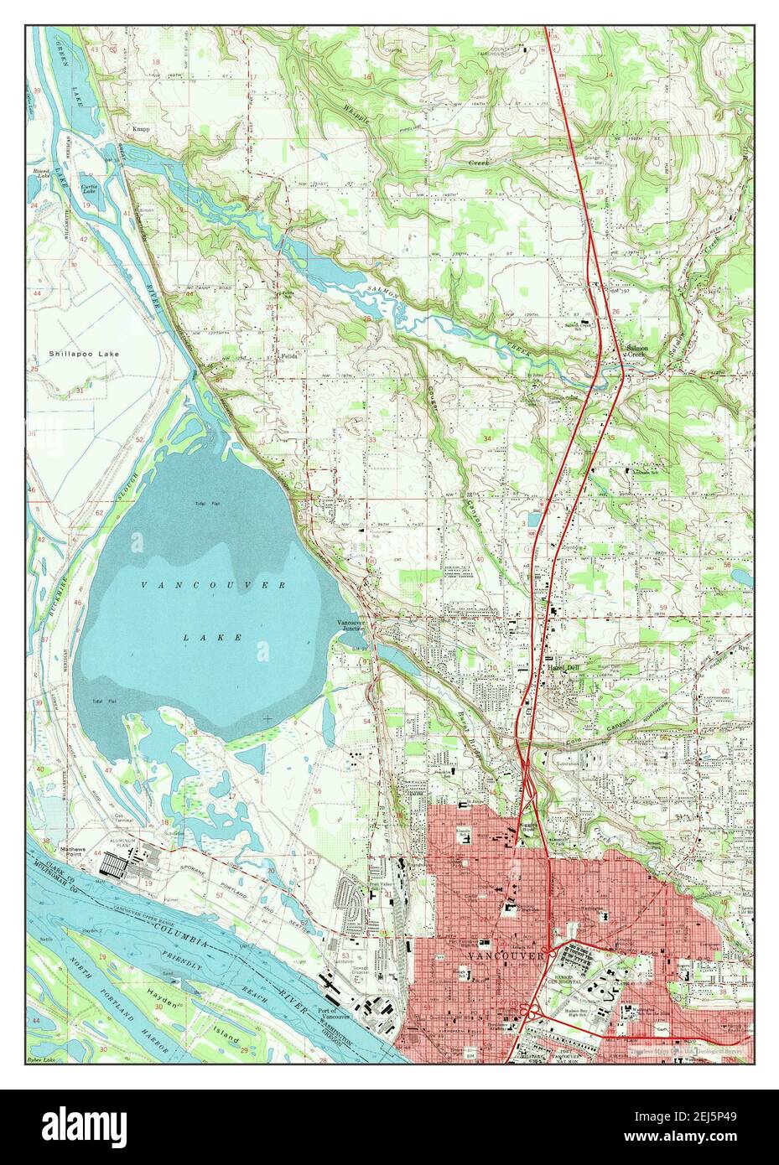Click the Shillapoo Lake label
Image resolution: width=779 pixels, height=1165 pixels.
pyautogui.click(x=84, y=354)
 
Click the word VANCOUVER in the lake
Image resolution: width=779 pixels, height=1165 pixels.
pyautogui.click(x=213, y=584)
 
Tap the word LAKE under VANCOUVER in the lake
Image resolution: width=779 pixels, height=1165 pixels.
pyautogui.click(x=213, y=637)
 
